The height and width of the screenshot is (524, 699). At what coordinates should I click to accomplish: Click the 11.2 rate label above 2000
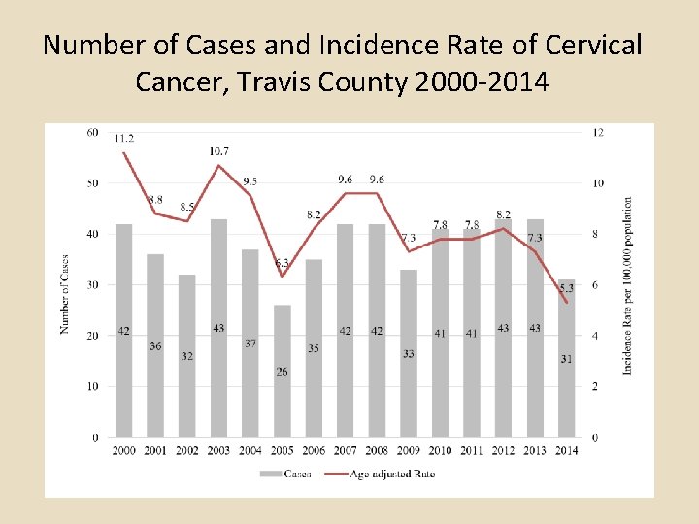pyautogui.click(x=123, y=139)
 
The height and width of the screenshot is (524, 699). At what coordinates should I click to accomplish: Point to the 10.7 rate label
pyautogui.click(x=218, y=151)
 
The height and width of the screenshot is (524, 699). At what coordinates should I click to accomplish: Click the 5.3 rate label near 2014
pyautogui.click(x=566, y=288)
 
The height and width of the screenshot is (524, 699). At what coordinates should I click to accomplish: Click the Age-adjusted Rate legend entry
pyautogui.click(x=380, y=474)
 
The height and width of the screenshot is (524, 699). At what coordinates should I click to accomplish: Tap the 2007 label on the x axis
pyautogui.click(x=345, y=451)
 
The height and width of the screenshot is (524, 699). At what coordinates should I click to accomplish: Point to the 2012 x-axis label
pyautogui.click(x=503, y=451)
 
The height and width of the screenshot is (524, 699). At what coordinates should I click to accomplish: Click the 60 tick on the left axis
pyautogui.click(x=92, y=132)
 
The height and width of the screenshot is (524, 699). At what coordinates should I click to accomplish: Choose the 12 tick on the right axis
pyautogui.click(x=598, y=132)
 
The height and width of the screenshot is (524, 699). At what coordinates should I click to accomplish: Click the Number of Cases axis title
pyautogui.click(x=65, y=294)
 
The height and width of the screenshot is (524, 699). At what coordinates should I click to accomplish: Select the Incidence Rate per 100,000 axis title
pyautogui.click(x=627, y=285)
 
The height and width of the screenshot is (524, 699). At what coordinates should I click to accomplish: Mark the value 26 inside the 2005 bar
pyautogui.click(x=282, y=372)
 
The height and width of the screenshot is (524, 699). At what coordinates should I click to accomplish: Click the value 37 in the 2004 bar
pyautogui.click(x=250, y=343)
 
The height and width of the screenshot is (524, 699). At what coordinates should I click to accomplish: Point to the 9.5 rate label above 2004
pyautogui.click(x=250, y=181)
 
